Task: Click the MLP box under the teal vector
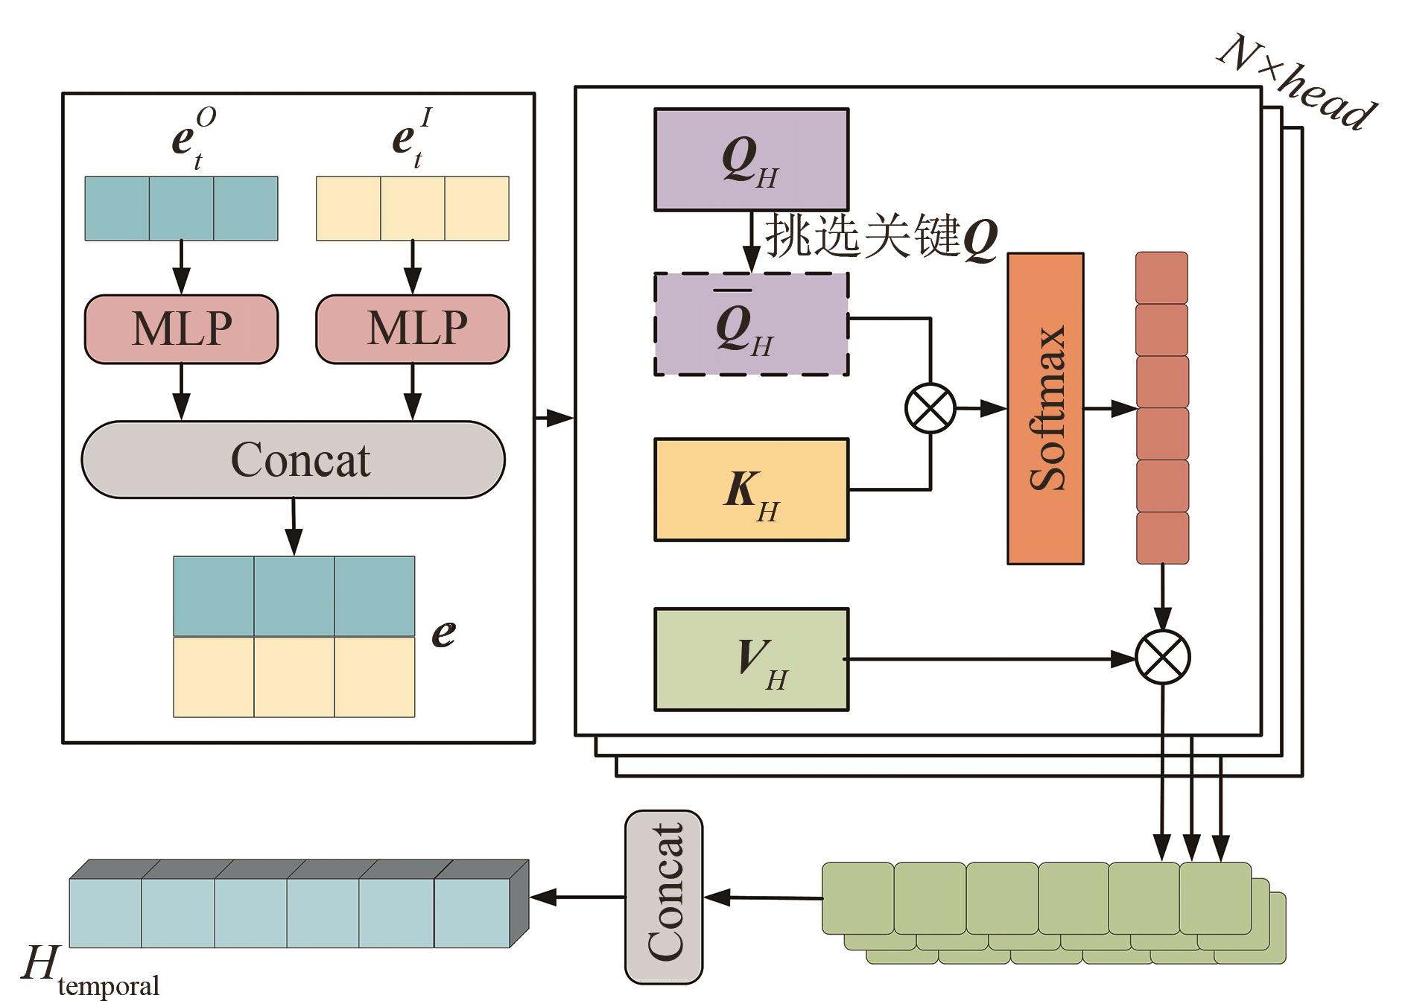pyautogui.click(x=181, y=329)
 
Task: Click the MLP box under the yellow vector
pyautogui.click(x=412, y=329)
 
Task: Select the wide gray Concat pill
pyautogui.click(x=294, y=460)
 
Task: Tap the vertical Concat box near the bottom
pyautogui.click(x=664, y=897)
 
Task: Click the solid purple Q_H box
pyautogui.click(x=751, y=159)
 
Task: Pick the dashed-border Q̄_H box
pyautogui.click(x=751, y=324)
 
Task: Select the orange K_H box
pyautogui.click(x=751, y=489)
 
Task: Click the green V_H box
pyautogui.click(x=751, y=659)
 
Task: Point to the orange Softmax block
pyautogui.click(x=1045, y=408)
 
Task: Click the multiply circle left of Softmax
pyautogui.click(x=930, y=408)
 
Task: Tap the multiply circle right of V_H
pyautogui.click(x=1162, y=657)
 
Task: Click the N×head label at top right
pyautogui.click(x=1297, y=82)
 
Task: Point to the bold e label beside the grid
pyautogui.click(x=443, y=633)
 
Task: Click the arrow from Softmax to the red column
pyautogui.click(x=1110, y=408)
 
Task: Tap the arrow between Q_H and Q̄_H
pyautogui.click(x=752, y=242)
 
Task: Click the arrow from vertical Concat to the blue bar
pyautogui.click(x=577, y=897)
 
